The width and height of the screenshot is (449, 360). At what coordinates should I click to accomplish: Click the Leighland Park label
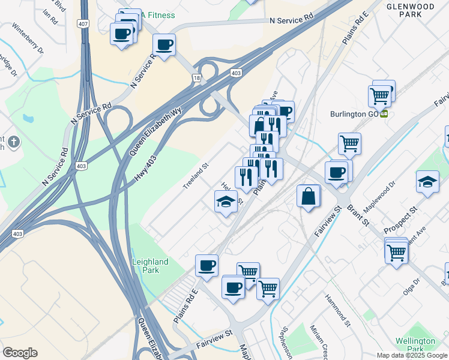click(150, 266)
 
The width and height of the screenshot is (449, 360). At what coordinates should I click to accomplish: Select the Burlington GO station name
click(355, 113)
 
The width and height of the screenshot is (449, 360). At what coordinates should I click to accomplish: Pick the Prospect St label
click(400, 221)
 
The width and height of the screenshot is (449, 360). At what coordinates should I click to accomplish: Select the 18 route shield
click(196, 78)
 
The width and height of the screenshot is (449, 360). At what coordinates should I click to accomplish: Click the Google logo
click(20, 353)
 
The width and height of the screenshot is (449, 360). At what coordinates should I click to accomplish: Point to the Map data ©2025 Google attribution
click(412, 355)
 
